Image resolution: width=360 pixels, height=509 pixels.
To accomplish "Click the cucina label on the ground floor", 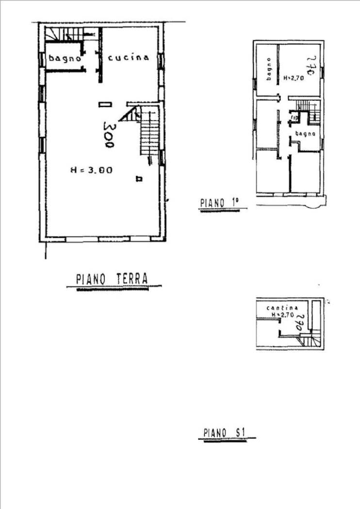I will click(128, 58).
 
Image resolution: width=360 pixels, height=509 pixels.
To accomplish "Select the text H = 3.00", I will click(91, 170).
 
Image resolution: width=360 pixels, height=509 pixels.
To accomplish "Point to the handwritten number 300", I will click(108, 134).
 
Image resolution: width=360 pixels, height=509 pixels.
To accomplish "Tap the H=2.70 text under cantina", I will click(283, 315).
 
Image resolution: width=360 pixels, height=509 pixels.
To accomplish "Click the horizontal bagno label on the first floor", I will click(306, 133).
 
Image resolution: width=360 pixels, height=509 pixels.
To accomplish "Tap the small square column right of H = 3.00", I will click(139, 179).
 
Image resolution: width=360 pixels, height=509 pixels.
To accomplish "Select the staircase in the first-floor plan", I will click(308, 110).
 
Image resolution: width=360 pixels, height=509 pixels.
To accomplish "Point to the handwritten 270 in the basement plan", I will click(299, 323).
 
